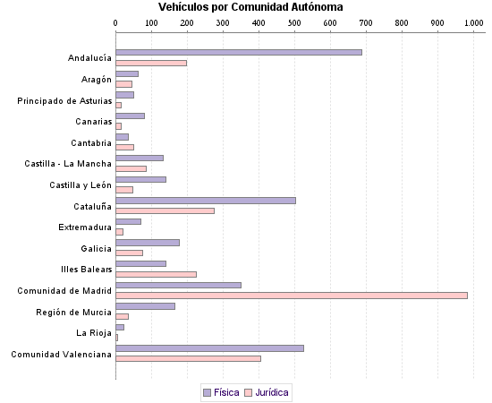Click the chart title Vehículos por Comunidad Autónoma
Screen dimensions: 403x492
(244, 7)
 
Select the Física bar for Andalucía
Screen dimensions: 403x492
(239, 52)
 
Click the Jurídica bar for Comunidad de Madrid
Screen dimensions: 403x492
(292, 295)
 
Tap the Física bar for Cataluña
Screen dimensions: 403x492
(206, 200)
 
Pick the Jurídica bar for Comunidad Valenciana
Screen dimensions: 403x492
(188, 358)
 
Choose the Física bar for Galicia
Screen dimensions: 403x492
(148, 242)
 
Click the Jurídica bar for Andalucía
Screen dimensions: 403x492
(151, 63)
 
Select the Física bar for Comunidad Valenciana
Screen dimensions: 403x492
(209, 347)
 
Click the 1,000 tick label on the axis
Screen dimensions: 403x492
(471, 23)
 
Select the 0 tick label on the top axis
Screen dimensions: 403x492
(116, 23)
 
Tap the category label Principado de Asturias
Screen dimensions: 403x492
(64, 100)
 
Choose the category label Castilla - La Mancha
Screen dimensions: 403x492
(68, 164)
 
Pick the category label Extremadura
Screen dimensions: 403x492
(85, 227)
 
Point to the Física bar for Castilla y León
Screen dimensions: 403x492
(140, 179)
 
